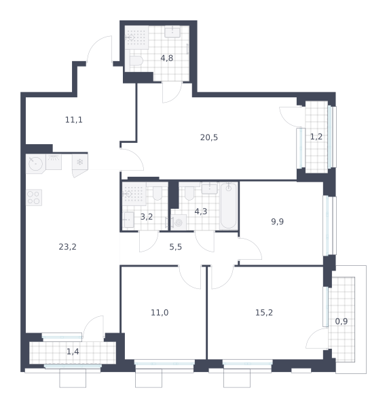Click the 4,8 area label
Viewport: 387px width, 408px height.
(167, 58)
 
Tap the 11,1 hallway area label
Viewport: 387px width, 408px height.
(74, 120)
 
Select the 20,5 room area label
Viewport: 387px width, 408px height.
(209, 137)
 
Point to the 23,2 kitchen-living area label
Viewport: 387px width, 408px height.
(67, 247)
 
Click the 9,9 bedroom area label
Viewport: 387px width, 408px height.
(278, 222)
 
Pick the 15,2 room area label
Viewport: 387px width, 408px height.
(264, 313)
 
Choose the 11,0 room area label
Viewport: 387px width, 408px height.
(160, 313)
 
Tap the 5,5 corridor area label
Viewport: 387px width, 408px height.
(176, 247)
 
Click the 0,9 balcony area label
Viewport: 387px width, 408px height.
(342, 322)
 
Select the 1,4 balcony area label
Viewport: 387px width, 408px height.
(73, 352)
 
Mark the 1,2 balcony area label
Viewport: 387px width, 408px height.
(316, 137)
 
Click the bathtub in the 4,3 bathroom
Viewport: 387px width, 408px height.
(229, 206)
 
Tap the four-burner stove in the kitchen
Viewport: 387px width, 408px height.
(34, 197)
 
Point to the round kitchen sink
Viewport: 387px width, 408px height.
(35, 164)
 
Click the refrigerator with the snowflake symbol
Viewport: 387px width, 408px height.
(79, 162)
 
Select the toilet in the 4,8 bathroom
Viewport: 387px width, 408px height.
(136, 61)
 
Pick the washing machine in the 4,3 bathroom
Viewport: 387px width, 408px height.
(179, 222)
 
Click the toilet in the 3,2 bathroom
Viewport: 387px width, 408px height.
(158, 193)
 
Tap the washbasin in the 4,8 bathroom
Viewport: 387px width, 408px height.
(172, 32)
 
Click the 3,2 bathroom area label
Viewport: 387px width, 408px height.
(147, 217)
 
